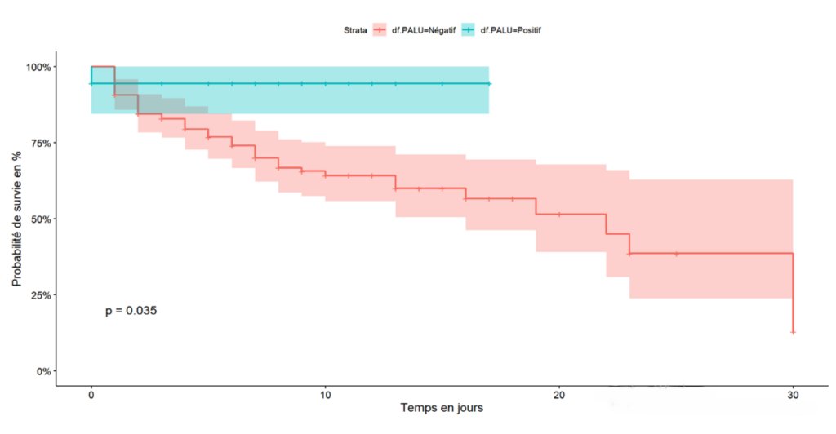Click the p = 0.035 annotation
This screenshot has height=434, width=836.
point(131,311)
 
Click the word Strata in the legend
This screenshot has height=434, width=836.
point(355,30)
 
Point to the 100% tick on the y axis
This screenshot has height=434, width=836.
point(41,67)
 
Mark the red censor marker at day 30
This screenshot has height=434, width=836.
point(793,332)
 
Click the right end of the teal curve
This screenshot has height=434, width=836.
point(488,83)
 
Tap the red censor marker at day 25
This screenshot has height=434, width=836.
point(676,254)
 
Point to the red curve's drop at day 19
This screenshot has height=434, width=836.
point(536,206)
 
